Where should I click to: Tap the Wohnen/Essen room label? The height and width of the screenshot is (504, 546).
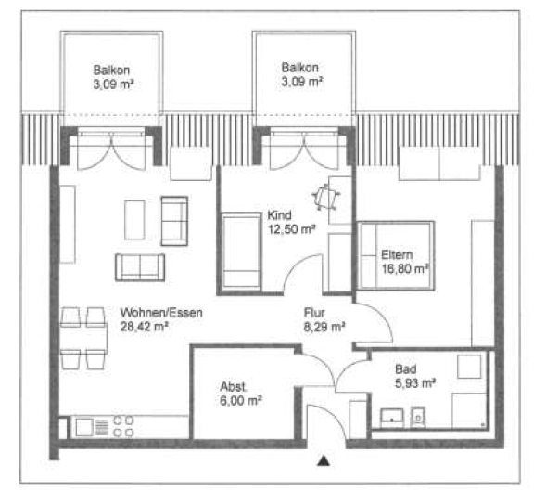tap(161, 312)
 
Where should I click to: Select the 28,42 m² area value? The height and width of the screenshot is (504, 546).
tap(145, 327)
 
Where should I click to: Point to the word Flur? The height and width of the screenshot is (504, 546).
tap(314, 312)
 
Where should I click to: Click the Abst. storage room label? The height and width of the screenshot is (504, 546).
tap(233, 386)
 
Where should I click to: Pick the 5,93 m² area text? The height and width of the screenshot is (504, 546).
tap(415, 383)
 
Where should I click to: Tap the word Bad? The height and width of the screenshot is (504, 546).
tap(406, 368)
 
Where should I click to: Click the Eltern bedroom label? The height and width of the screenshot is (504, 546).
tap(397, 255)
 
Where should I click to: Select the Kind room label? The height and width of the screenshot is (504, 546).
tap(279, 215)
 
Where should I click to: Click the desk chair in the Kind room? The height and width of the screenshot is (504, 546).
tap(326, 198)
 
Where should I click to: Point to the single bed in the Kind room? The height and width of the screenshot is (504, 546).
tap(241, 252)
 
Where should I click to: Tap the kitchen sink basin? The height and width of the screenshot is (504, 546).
tap(84, 427)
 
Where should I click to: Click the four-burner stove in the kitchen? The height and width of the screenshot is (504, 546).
tap(123, 427)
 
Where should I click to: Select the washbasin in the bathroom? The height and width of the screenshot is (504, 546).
tap(392, 418)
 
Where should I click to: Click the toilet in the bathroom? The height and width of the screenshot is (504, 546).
tap(418, 417)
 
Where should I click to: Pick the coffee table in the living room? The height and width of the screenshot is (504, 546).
tap(134, 220)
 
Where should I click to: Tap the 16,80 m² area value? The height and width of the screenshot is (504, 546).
tap(405, 269)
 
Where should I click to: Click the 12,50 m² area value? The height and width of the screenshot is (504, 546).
tap(291, 229)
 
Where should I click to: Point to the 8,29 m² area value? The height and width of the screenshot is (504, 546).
tap(324, 327)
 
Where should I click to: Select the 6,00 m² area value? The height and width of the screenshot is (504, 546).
tap(241, 401)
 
